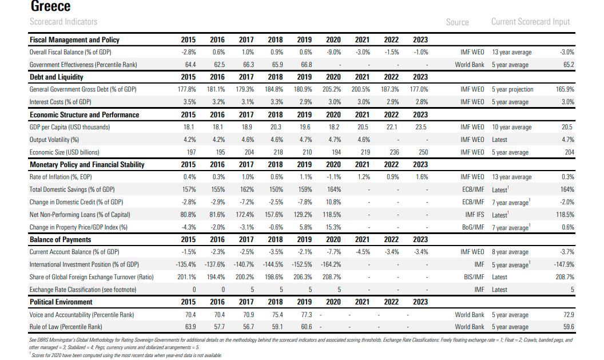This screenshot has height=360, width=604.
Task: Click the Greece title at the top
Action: [50, 6]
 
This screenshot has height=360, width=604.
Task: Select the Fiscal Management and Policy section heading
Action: [74, 39]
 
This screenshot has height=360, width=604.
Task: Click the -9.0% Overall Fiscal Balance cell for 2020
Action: [333, 52]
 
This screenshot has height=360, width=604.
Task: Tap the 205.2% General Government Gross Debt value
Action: [332, 89]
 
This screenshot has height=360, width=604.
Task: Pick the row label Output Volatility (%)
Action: [54, 140]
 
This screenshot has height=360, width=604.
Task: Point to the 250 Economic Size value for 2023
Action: [423, 152]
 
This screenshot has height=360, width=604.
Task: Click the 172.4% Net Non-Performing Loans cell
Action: [245, 215]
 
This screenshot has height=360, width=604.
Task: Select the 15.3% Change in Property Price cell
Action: [333, 227]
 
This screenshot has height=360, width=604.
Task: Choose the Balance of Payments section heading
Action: [61, 239]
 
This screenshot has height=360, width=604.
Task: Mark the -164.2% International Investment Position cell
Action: [331, 264]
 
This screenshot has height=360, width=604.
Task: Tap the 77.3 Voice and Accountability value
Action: [306, 315]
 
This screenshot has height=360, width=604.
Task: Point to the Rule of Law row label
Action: [66, 327]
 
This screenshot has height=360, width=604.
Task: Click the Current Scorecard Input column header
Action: [530, 22]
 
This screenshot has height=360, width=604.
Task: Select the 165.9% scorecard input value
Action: [565, 89]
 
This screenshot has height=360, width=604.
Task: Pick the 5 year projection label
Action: [512, 89]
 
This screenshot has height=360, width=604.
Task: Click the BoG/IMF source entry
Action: [473, 227]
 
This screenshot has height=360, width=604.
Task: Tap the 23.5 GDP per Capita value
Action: [420, 127]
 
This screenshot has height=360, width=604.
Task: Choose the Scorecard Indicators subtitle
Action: [63, 22]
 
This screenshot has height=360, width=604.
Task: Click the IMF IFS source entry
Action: [475, 215]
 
